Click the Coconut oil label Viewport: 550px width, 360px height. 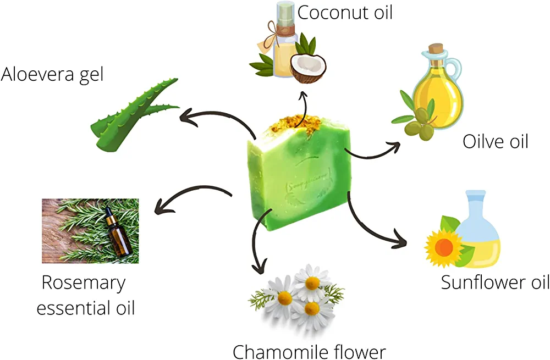(345, 12)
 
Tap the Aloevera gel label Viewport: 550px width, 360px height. (52, 74)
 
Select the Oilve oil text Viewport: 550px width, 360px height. (495, 141)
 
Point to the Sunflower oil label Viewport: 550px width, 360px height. (495, 283)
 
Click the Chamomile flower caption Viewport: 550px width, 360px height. (309, 351)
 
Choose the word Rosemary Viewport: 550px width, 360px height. (84, 283)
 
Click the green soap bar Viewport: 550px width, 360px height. (297, 176)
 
